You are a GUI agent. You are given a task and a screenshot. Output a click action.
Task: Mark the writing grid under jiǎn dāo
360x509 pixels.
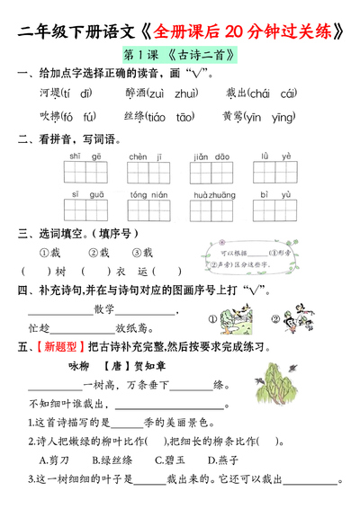click(213, 170)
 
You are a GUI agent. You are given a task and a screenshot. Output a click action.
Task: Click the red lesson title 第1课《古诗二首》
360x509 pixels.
click(179, 56)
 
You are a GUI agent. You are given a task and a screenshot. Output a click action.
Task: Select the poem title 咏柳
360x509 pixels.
click(80, 366)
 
